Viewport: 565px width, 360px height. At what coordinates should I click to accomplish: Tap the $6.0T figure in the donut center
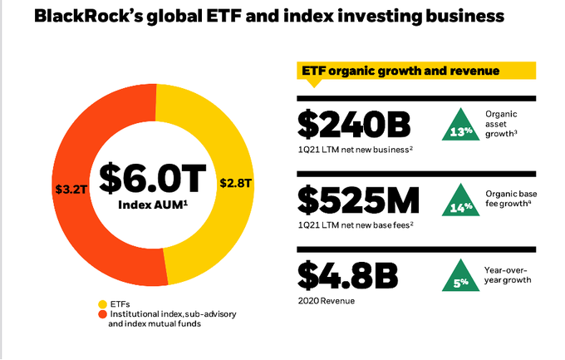pyautogui.click(x=152, y=178)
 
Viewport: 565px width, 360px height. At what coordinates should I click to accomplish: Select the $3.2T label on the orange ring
pyautogui.click(x=71, y=189)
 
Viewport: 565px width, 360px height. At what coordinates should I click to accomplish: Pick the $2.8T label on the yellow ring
pyautogui.click(x=236, y=183)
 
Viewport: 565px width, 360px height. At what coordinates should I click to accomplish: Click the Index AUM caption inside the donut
pyautogui.click(x=153, y=205)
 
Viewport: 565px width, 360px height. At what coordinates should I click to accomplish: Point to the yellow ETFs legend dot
pyautogui.click(x=103, y=304)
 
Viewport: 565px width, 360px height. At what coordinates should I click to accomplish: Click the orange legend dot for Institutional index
pyautogui.click(x=103, y=314)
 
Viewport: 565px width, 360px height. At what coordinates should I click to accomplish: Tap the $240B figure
pyautogui.click(x=354, y=125)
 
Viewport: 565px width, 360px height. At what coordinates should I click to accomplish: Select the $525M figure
pyautogui.click(x=359, y=200)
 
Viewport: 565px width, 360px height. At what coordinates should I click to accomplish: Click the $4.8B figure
pyautogui.click(x=347, y=275)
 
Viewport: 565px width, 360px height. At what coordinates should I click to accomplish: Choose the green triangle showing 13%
pyautogui.click(x=461, y=126)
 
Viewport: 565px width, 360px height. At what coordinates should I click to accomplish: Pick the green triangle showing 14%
pyautogui.click(x=461, y=202)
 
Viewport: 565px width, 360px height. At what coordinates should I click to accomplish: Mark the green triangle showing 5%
pyautogui.click(x=461, y=277)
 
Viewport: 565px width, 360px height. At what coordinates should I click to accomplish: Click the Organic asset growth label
pyautogui.click(x=501, y=124)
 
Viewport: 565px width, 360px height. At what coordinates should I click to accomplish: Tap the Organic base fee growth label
pyautogui.click(x=511, y=199)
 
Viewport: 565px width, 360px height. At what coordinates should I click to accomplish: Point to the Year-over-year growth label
pyautogui.click(x=508, y=275)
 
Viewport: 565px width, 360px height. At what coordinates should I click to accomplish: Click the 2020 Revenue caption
pyautogui.click(x=326, y=301)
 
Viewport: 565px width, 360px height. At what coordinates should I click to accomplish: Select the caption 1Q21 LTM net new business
pyautogui.click(x=356, y=150)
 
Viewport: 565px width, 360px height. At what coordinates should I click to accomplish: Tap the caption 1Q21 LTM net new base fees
pyautogui.click(x=356, y=225)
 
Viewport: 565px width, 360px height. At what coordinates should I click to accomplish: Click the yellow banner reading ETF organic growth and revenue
pyautogui.click(x=416, y=71)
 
